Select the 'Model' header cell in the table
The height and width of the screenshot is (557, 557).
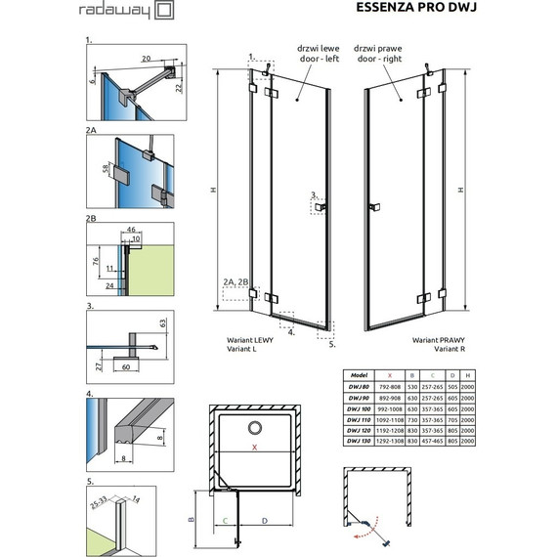(357, 374)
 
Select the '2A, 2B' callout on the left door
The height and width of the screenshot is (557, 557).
(236, 281)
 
